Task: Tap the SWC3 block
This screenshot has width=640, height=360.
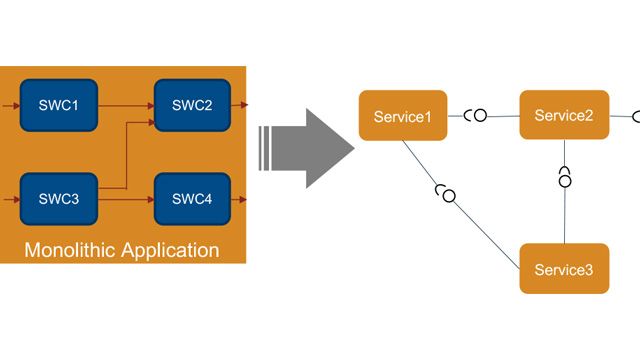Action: [58, 198]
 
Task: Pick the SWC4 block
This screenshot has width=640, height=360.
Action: [192, 198]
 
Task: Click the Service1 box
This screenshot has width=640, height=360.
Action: [403, 117]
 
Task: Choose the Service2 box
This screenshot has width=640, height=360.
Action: [564, 116]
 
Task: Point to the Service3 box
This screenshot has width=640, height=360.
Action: [564, 269]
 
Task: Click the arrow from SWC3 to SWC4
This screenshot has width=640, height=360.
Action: [124, 199]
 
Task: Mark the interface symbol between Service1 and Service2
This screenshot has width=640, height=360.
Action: [477, 116]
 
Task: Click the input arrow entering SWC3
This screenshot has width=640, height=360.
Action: [9, 199]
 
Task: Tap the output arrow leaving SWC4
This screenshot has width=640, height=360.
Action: [239, 199]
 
